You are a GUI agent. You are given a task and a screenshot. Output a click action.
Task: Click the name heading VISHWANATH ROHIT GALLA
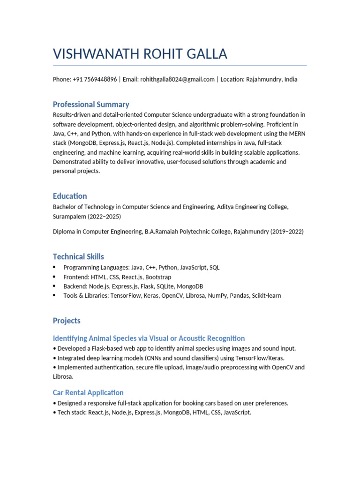140,54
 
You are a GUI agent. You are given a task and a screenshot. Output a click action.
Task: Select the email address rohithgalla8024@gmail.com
177,79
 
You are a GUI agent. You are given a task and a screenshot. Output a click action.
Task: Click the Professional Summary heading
91,105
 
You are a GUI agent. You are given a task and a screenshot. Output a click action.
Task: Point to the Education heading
70,196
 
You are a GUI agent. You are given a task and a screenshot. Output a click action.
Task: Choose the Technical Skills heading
78,256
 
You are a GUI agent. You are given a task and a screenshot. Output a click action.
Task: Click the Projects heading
67,321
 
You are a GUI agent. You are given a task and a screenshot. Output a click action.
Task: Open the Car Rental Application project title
88,392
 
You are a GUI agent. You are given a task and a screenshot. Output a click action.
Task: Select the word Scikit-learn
266,296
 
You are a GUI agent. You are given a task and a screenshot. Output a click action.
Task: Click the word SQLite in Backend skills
159,286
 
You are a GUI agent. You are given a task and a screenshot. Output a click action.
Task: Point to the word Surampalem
68,217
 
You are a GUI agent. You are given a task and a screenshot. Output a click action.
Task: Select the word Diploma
64,232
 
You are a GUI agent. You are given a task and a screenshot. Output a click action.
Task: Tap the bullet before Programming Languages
54,267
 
